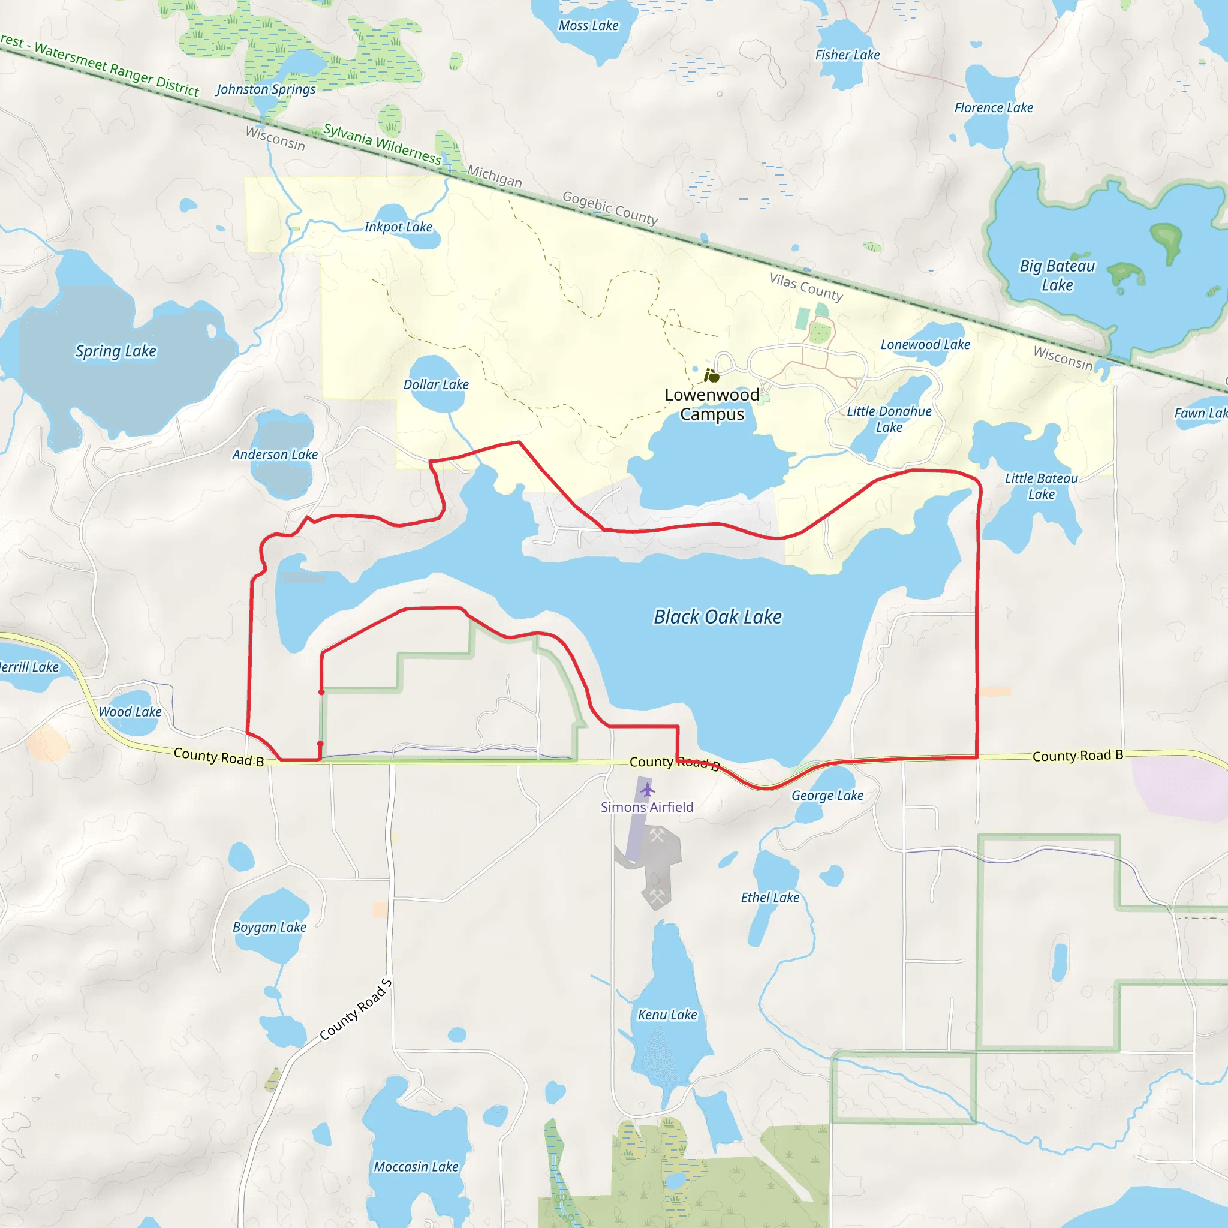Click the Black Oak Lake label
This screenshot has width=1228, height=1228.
tap(718, 617)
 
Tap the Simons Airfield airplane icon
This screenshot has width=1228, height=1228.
tap(647, 790)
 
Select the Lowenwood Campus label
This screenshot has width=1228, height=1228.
tap(712, 404)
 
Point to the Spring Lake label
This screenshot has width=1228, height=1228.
tap(116, 351)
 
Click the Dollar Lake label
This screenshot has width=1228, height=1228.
tap(436, 384)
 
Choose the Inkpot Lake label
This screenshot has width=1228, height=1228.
tap(398, 227)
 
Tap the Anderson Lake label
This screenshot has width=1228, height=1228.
tap(275, 455)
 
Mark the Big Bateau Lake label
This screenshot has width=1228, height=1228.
tap(1057, 275)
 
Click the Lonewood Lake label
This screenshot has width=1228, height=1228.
tap(925, 345)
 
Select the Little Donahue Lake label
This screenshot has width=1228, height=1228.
tap(889, 419)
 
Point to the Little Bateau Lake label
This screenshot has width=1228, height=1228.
tap(1041, 486)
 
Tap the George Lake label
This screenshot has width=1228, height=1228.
tap(827, 796)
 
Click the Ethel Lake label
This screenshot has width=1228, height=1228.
tap(770, 898)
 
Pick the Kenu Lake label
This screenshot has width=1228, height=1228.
tap(667, 1015)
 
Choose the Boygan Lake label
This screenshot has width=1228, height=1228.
tap(269, 928)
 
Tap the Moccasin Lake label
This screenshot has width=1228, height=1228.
tap(416, 1167)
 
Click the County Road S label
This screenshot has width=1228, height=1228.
tap(356, 1010)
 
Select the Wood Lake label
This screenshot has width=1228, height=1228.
tap(130, 712)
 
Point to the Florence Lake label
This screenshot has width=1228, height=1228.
tap(994, 108)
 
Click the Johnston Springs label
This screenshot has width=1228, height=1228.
tap(266, 89)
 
